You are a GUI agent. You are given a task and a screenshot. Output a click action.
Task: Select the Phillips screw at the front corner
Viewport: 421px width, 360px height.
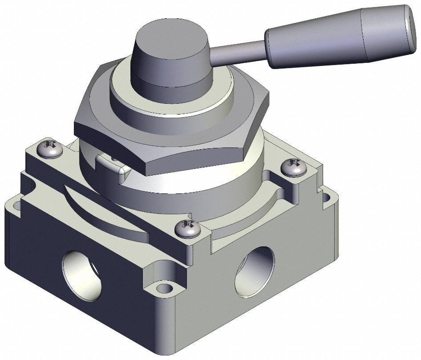click(x=186, y=229)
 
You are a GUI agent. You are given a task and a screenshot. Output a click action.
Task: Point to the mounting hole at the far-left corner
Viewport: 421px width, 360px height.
click(x=16, y=206)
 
